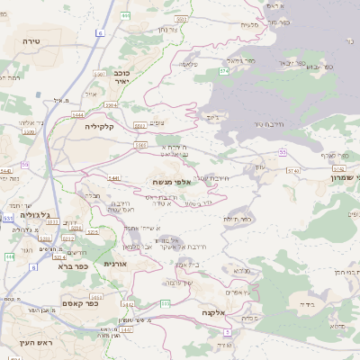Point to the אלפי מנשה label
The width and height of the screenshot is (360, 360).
[169, 181]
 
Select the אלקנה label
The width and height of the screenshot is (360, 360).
[212, 312]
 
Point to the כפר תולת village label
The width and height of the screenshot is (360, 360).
[237, 217]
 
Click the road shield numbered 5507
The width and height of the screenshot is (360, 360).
[100, 72]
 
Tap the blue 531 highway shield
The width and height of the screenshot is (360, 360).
[8, 218]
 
